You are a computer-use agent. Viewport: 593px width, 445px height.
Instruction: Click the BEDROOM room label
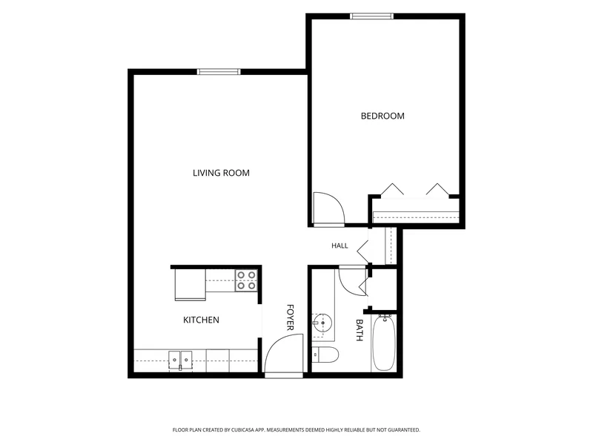pyautogui.click(x=382, y=116)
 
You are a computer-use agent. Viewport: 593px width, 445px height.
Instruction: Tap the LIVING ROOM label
pyautogui.click(x=221, y=173)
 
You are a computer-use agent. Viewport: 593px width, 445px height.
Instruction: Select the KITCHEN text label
pyautogui.click(x=201, y=320)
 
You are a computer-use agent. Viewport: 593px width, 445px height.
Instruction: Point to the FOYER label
pyautogui.click(x=290, y=317)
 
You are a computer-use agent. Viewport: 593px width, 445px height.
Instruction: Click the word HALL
pyautogui.click(x=339, y=246)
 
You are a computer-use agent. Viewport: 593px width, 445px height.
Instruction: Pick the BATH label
pyautogui.click(x=360, y=330)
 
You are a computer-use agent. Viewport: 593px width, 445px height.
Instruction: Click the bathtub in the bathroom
pyautogui.click(x=384, y=343)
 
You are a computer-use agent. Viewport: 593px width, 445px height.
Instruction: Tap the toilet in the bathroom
pyautogui.click(x=325, y=355)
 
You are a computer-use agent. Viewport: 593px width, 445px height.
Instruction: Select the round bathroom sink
pyautogui.click(x=322, y=323)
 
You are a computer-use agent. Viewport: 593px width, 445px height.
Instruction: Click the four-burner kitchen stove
pyautogui.click(x=246, y=280)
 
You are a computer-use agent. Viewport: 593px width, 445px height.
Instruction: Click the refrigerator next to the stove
pyautogui.click(x=191, y=285)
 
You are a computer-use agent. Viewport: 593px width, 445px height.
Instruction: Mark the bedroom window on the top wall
pyautogui.click(x=372, y=16)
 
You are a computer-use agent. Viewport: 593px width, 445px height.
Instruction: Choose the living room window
pyautogui.click(x=219, y=72)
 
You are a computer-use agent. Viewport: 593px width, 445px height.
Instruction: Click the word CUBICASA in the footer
pyautogui.click(x=245, y=430)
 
